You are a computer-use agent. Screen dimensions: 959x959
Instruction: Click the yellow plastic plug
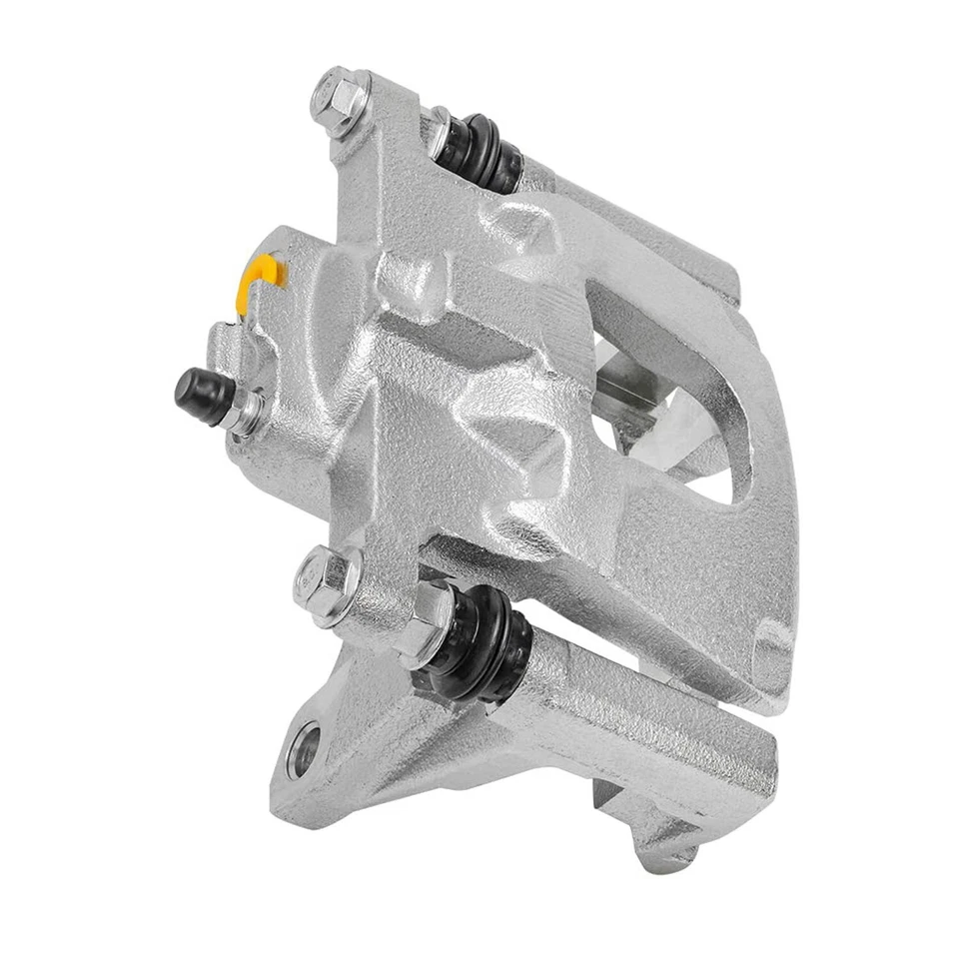tap(263, 281)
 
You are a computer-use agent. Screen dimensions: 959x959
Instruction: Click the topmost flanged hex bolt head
tap(336, 96)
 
